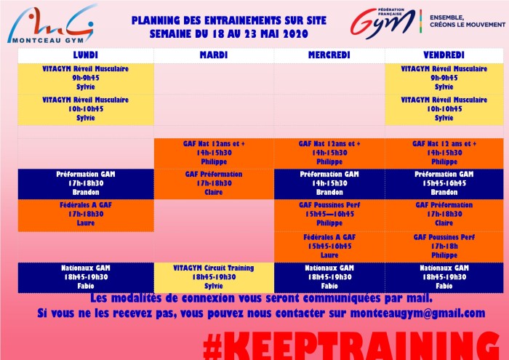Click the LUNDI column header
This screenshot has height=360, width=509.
tap(86, 55)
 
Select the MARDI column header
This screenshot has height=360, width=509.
tap(214, 55)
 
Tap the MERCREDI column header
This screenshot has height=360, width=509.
tap(329, 55)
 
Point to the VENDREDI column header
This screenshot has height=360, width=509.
tap(444, 55)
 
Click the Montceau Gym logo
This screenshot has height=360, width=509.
tap(52, 24)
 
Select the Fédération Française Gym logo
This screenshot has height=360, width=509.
tap(383, 22)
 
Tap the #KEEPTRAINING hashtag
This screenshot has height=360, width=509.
tap(351, 345)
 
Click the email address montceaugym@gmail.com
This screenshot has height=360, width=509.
tap(418, 313)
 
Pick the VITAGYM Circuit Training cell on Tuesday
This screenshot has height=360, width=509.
tap(214, 278)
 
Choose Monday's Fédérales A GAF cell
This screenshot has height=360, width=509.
tap(86, 215)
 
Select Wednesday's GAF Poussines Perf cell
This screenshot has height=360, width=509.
tap(329, 215)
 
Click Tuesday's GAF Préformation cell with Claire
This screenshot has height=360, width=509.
tap(214, 184)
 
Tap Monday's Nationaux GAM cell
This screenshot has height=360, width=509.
tap(86, 278)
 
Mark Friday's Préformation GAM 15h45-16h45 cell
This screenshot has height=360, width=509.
tap(444, 184)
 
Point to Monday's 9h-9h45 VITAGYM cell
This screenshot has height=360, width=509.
tap(86, 79)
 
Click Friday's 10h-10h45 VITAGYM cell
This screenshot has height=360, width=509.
tap(444, 109)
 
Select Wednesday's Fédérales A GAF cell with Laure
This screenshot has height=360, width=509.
tap(329, 247)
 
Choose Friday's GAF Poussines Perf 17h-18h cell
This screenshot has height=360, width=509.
tap(444, 247)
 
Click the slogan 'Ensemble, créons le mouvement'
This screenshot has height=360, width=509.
tap(468, 21)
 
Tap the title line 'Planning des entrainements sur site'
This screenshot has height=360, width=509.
tap(229, 21)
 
